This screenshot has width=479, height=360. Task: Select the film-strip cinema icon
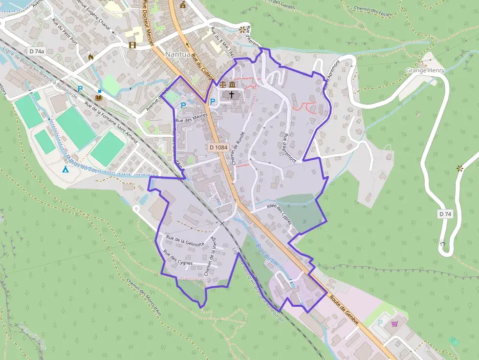pyautogui.click(x=132, y=45)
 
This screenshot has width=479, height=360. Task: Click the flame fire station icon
pyautogui.click(x=90, y=57)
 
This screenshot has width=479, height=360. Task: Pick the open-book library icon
pyautogui.click(x=99, y=98)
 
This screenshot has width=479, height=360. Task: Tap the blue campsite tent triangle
pyautogui.click(x=65, y=170)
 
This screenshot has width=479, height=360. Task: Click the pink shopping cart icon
pyautogui.click(x=394, y=323)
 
